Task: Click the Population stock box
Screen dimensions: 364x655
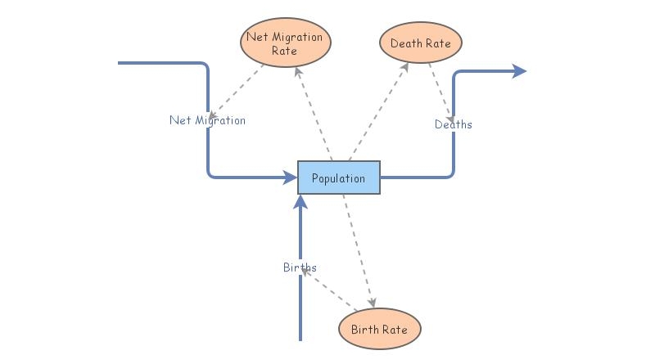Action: click(338, 178)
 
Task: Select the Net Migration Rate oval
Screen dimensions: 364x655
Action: click(286, 43)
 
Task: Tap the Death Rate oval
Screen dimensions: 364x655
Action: click(421, 43)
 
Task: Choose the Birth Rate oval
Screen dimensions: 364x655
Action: click(379, 329)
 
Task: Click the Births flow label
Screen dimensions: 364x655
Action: click(300, 267)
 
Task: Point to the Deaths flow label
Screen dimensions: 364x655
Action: click(453, 124)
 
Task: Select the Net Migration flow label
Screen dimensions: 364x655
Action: click(207, 120)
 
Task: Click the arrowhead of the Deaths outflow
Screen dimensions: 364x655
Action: click(518, 71)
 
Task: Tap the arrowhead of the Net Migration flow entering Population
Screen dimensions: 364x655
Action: click(290, 176)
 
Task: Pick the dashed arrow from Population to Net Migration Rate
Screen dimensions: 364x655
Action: click(314, 114)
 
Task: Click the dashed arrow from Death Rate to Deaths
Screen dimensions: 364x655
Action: click(443, 95)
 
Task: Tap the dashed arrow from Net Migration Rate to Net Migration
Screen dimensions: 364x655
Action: click(238, 89)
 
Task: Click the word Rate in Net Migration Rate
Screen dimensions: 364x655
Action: click(285, 51)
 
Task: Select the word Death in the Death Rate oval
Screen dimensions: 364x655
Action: click(406, 43)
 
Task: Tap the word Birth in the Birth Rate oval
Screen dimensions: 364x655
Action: click(365, 329)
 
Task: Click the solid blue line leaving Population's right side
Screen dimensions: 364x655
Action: click(418, 177)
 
